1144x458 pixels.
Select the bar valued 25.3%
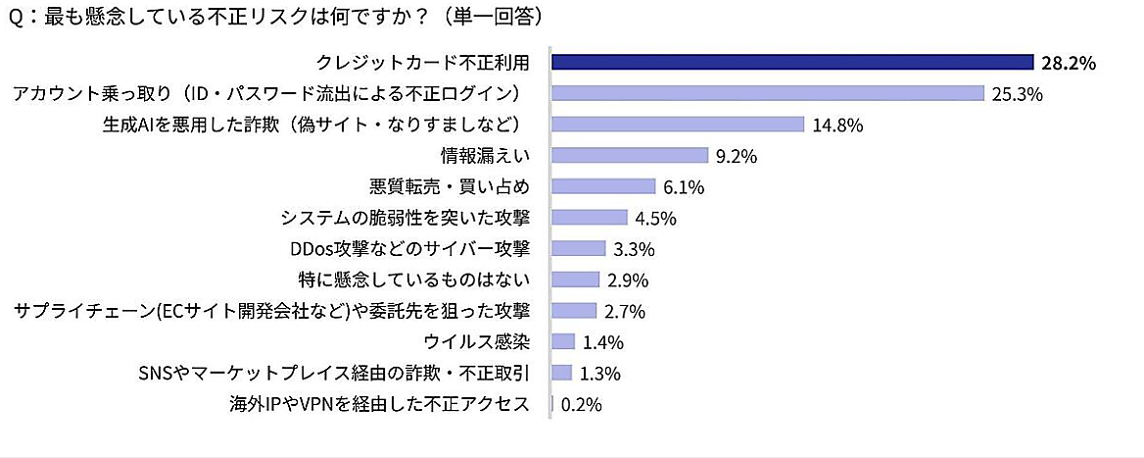point(767,93)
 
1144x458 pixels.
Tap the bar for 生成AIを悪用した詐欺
point(678,125)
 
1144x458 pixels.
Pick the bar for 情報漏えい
point(630,155)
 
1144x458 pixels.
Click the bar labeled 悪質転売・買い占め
point(603,186)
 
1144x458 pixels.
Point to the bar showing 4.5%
point(590,218)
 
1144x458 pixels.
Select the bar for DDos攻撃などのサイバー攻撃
point(579,248)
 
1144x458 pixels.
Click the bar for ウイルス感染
point(563,341)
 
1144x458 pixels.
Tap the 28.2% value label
point(1069,64)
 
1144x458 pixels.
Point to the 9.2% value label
point(738,156)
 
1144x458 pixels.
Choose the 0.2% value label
point(581,404)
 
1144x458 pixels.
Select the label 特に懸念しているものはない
point(413,280)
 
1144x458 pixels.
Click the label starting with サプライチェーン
point(272,311)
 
